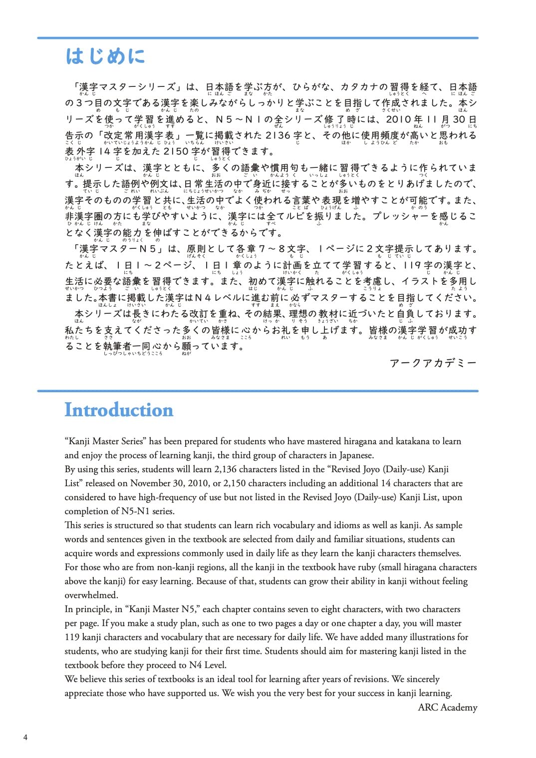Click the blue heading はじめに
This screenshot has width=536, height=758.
point(105,56)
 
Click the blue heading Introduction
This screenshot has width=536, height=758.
point(119,410)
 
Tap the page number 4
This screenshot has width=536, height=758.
point(25,738)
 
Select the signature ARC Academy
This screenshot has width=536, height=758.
point(447,707)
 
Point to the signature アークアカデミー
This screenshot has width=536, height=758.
point(433,363)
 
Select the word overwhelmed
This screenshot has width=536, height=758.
point(91,595)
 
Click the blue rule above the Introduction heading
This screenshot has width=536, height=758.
point(258,391)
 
